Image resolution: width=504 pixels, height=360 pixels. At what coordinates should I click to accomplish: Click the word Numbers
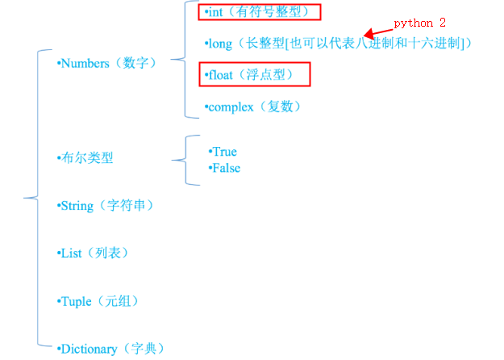pos(85,63)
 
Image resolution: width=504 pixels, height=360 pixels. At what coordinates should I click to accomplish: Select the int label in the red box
pos(216,12)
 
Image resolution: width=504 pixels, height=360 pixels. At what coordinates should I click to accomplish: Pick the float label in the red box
pos(221,75)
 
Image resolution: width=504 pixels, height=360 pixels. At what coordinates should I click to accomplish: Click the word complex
pos(232,107)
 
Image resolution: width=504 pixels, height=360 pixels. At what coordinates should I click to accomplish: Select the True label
pos(224,152)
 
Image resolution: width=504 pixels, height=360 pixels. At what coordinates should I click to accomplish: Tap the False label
pos(226,168)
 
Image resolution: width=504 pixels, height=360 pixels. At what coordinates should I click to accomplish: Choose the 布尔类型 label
pos(87,158)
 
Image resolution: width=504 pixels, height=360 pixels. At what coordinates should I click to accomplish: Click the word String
pos(77,206)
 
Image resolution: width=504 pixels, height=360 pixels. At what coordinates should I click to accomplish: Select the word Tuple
pos(77,301)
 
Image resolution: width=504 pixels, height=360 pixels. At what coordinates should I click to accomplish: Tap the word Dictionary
pos(90,349)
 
